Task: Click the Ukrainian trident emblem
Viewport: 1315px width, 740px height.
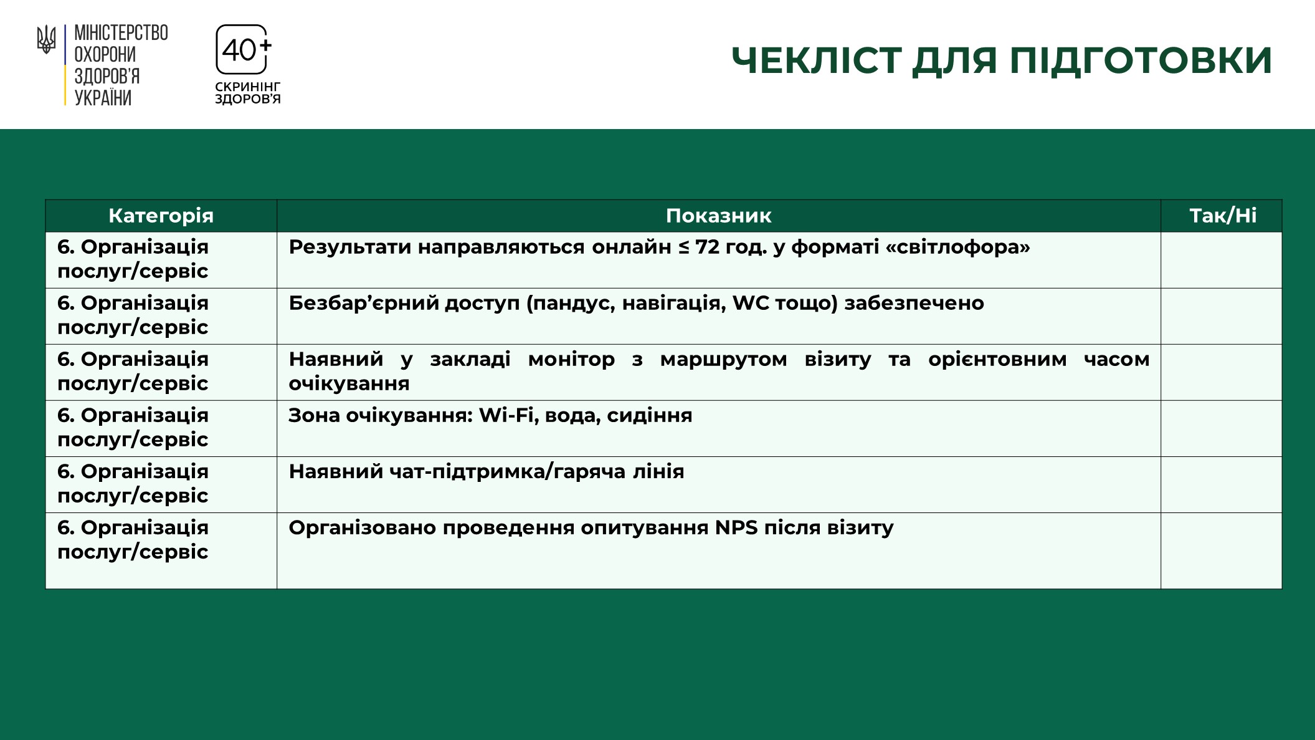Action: point(46,40)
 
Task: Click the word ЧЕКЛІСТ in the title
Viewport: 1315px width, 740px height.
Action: point(816,60)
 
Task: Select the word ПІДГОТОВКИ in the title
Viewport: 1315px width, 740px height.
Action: point(1141,60)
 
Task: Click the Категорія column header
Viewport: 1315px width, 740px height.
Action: point(161,216)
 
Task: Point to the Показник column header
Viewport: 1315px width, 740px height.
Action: point(718,216)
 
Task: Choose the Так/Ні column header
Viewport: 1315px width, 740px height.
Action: point(1222,216)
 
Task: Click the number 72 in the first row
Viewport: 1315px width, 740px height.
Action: point(708,247)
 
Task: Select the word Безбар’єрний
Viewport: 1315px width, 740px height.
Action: point(363,303)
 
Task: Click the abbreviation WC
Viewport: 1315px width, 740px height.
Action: point(751,303)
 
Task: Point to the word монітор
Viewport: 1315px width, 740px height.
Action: point(571,359)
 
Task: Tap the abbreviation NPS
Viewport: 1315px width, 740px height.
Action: point(736,527)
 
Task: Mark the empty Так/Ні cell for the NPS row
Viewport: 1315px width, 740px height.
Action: point(1222,550)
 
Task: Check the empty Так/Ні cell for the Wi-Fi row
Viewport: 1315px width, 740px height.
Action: point(1222,428)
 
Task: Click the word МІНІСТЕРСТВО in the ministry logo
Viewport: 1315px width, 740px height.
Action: point(121,33)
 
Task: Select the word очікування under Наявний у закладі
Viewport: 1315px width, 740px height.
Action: point(349,383)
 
